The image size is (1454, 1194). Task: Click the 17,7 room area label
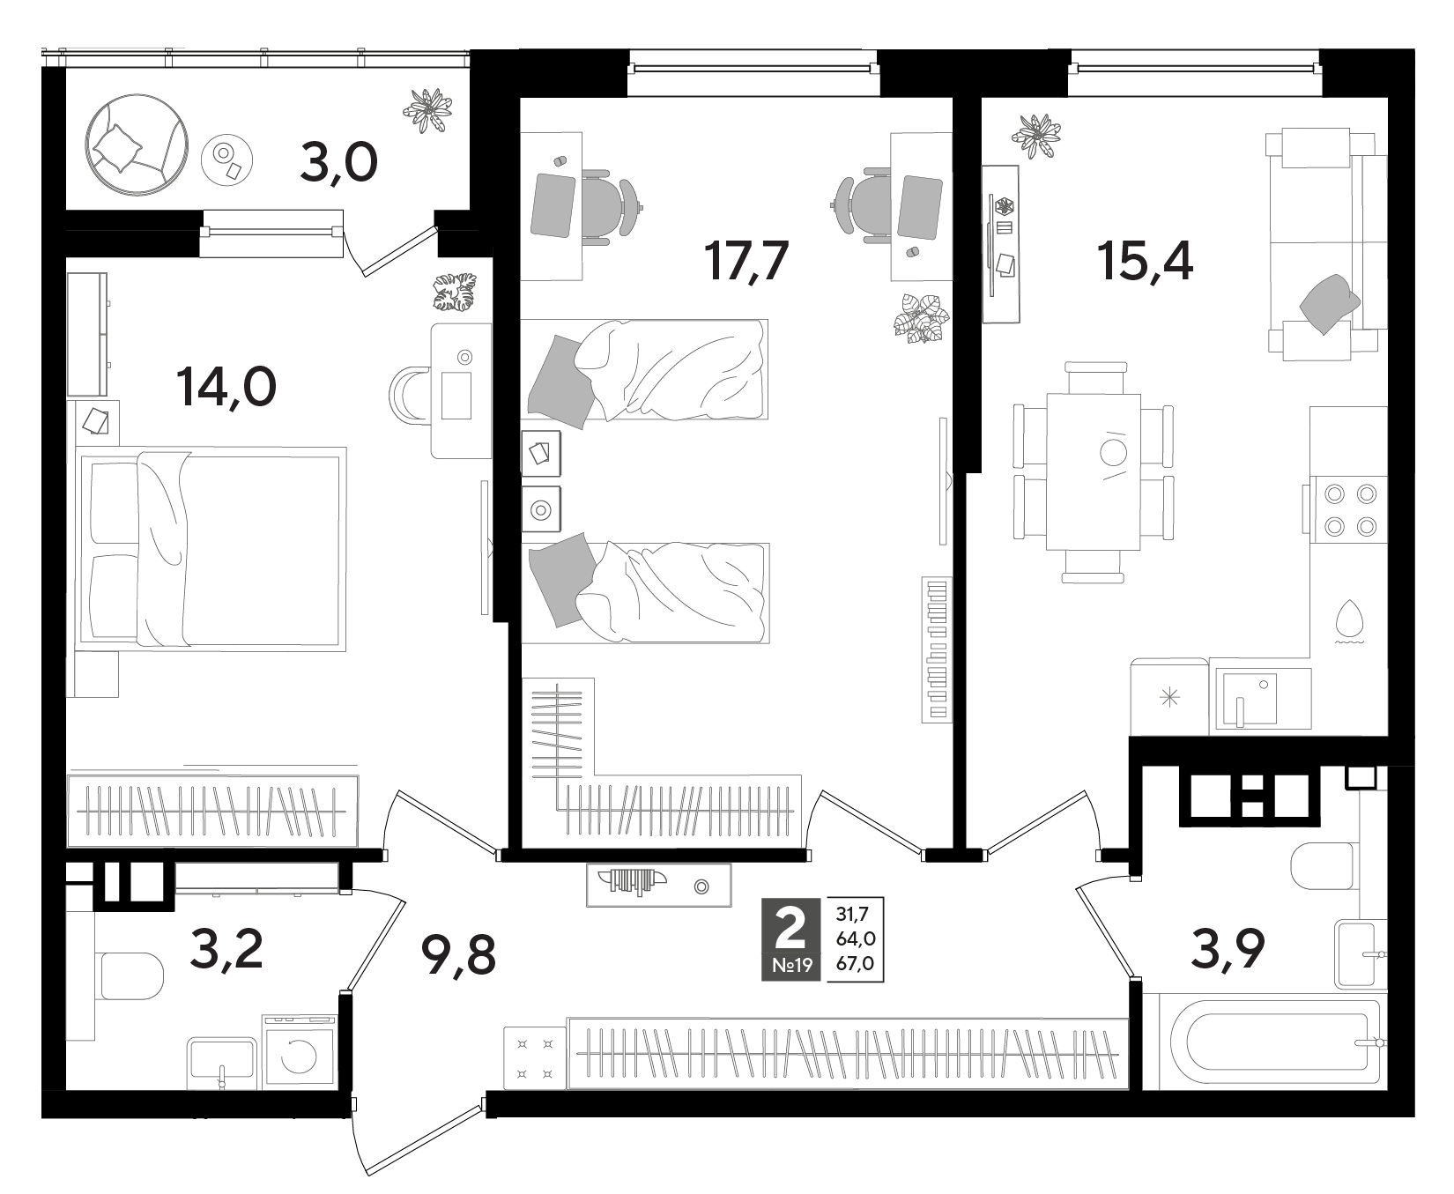coord(744,261)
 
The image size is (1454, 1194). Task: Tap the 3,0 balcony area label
coord(339,163)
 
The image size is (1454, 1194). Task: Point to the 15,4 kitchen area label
coord(1145,260)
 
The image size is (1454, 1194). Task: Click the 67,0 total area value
coord(856,964)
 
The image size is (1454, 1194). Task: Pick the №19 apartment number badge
coord(791,967)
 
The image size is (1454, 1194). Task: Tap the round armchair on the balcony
coord(137,145)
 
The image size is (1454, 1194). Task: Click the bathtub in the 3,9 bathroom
coord(1265,1041)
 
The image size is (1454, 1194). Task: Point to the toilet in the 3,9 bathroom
coord(1327,867)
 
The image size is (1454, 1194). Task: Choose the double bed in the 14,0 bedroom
coord(211,550)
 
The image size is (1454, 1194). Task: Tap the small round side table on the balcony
coord(227,158)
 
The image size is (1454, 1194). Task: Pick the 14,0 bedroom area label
coord(226,386)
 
